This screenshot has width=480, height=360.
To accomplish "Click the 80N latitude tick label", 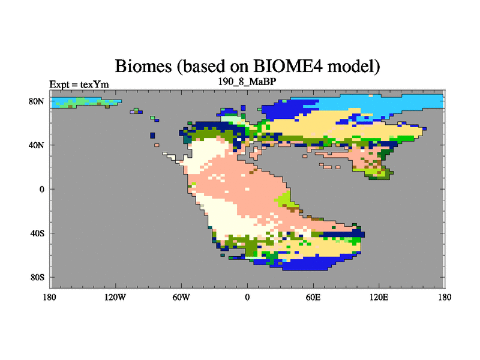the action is (x=37, y=101).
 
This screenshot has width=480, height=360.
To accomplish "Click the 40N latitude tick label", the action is (x=37, y=145).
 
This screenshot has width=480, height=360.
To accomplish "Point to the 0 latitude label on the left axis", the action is (x=41, y=189).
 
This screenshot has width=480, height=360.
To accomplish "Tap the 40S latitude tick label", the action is (x=37, y=233).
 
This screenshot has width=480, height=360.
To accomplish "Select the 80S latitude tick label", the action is (x=37, y=277).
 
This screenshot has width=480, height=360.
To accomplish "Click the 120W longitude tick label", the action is (x=115, y=297).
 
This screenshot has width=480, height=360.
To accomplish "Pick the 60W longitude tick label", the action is (x=181, y=297).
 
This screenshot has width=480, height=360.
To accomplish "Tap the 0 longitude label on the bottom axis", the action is (x=247, y=297).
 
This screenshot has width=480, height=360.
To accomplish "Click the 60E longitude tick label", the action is (x=313, y=297).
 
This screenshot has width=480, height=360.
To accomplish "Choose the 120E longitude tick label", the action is (x=379, y=297).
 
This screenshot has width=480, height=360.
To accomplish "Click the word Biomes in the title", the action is (x=143, y=66).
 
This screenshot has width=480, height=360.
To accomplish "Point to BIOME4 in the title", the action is (x=288, y=66).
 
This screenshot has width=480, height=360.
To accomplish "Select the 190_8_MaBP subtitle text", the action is (x=247, y=82).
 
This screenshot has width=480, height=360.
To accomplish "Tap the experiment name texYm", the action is (x=94, y=84).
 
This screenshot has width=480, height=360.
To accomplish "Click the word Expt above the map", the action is (x=59, y=85).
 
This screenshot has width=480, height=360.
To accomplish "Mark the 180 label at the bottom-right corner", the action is (x=445, y=297).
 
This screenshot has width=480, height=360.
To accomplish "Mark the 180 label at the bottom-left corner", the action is (x=50, y=297).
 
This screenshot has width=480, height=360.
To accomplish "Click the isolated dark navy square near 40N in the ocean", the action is (x=152, y=136).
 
